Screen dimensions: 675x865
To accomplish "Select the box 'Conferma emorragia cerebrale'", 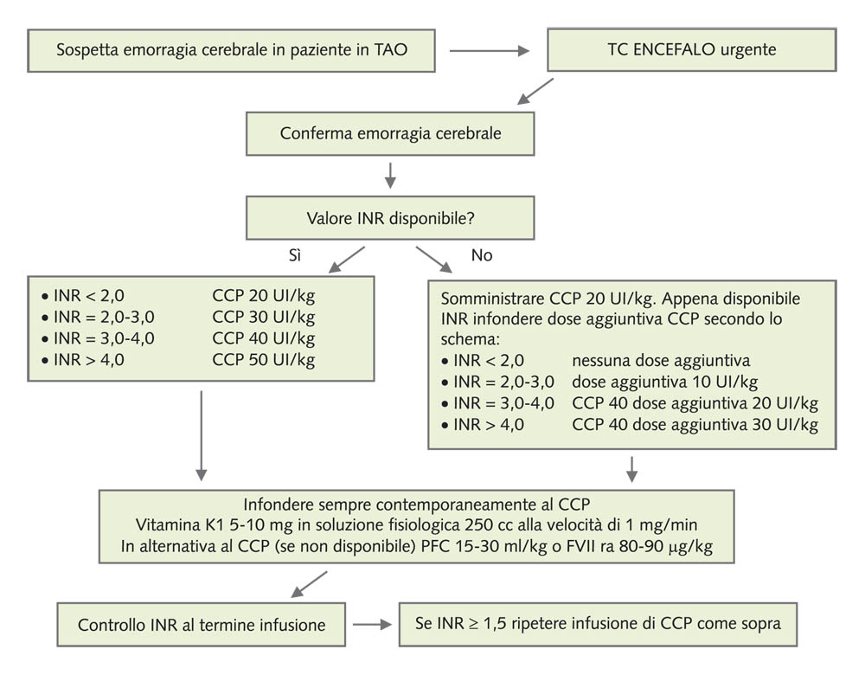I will tap(390, 134).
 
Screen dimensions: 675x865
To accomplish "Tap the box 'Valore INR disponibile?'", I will tap(390, 217).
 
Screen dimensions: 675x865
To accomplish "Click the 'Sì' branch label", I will tap(295, 256).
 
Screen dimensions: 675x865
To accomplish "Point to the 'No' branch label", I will tap(482, 256).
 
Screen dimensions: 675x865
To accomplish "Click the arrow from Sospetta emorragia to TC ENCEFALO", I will tap(489, 50).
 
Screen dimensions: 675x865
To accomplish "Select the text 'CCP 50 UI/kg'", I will tap(263, 360).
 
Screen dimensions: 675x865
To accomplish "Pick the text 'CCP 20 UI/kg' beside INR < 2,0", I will tap(263, 295).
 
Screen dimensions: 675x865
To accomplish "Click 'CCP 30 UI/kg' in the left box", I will tap(263, 317).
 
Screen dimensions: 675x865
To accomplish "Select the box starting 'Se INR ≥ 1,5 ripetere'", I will tap(597, 624).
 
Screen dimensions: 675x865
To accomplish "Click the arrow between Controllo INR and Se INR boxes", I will tap(372, 624).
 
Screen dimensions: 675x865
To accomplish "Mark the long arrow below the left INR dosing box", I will tap(202, 435).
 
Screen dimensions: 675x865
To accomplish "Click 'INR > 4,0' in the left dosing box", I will tap(83, 360).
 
